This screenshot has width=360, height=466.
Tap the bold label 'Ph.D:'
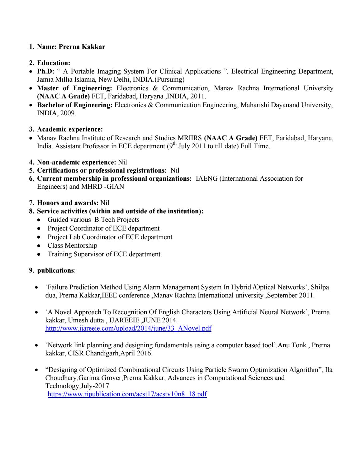click(46, 71)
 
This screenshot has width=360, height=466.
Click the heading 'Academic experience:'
click(70, 129)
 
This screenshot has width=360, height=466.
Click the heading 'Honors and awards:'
click(68, 203)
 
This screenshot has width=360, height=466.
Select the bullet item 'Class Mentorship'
click(72, 245)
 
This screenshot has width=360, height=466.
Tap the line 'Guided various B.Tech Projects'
click(93, 220)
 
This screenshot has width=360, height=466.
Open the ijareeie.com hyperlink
click(128, 328)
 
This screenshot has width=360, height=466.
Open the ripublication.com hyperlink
click(127, 394)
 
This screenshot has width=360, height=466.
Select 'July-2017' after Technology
click(95, 386)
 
